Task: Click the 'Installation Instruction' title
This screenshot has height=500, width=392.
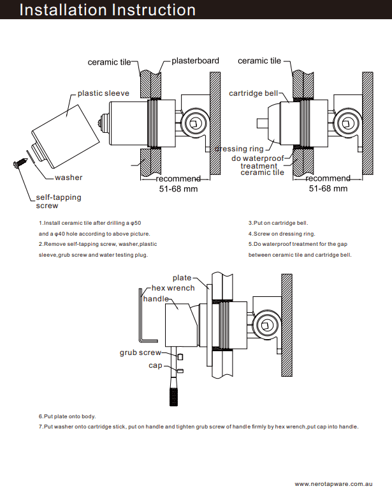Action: [x=107, y=10]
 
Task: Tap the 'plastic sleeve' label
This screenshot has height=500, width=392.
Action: [x=103, y=93]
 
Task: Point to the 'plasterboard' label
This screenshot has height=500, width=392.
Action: [x=195, y=61]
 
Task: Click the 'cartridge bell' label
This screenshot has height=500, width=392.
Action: [x=253, y=94]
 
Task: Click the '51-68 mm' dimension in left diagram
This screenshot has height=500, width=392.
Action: [x=178, y=188]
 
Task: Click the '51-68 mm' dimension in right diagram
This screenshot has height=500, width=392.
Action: [x=328, y=188]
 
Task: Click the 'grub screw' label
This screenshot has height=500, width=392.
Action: [x=140, y=352]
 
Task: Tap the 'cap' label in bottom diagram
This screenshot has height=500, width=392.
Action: [x=156, y=365]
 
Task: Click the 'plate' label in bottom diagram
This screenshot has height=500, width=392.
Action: [x=182, y=278]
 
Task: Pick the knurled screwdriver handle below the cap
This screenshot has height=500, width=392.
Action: [x=173, y=390]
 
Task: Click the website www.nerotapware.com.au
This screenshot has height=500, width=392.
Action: [x=333, y=485]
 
